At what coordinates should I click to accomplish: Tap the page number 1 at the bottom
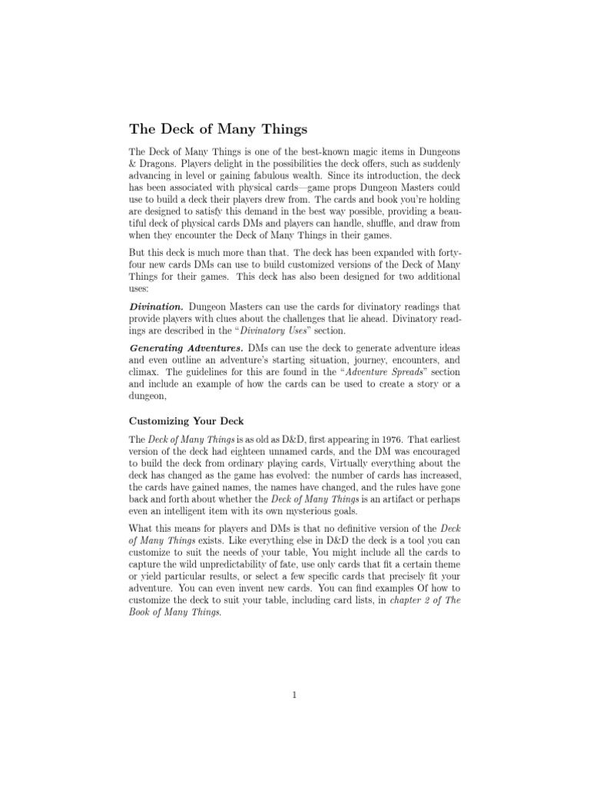point(294,696)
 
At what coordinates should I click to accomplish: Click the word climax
point(144,374)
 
